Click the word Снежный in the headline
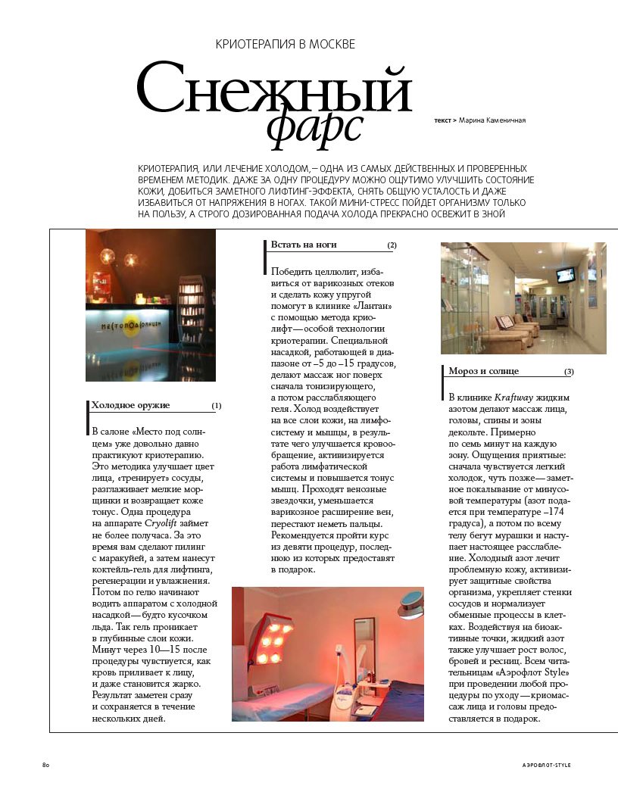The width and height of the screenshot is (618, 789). tap(273, 90)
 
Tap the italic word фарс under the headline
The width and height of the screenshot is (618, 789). tap(314, 126)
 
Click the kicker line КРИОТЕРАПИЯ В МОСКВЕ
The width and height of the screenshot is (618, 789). tap(286, 45)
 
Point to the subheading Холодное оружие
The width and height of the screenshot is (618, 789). tap(130, 406)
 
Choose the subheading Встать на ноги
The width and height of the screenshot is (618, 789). tap(304, 245)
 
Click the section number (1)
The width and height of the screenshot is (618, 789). tap(217, 406)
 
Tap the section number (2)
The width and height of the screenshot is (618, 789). tap(392, 245)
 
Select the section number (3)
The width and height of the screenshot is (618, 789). tap(569, 372)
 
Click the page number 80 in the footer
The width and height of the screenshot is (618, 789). tap(45, 766)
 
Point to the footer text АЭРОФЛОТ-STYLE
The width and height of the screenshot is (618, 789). tap(547, 766)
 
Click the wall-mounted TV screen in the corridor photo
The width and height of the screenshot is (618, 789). tap(565, 273)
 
